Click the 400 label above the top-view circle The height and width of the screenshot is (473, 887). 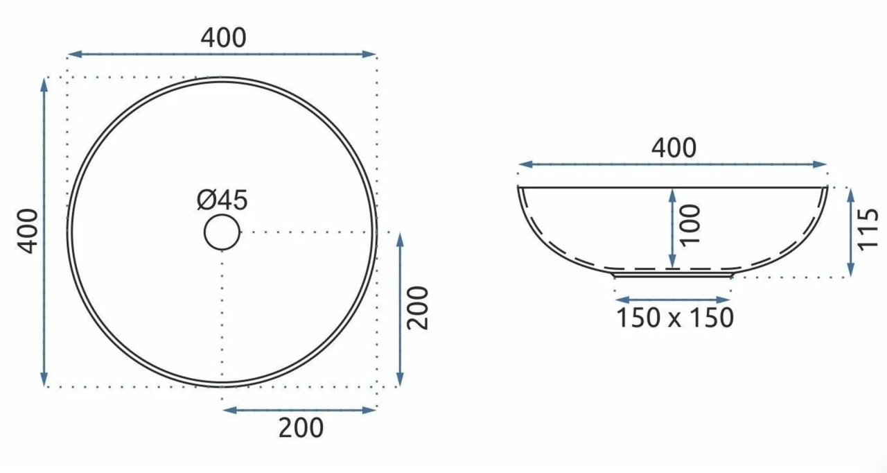click(x=223, y=38)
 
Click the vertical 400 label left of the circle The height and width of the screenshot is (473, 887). click(x=28, y=231)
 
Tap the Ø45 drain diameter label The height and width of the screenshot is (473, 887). click(x=222, y=200)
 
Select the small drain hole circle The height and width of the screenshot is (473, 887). click(x=222, y=232)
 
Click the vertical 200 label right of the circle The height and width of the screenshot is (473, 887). click(x=418, y=308)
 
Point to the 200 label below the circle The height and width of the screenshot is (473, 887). click(x=301, y=428)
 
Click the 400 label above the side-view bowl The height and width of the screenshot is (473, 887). click(x=674, y=148)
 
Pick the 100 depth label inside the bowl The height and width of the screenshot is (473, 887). click(x=690, y=225)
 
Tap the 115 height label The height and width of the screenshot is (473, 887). click(x=868, y=230)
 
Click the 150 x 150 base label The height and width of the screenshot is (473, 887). click(x=675, y=318)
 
